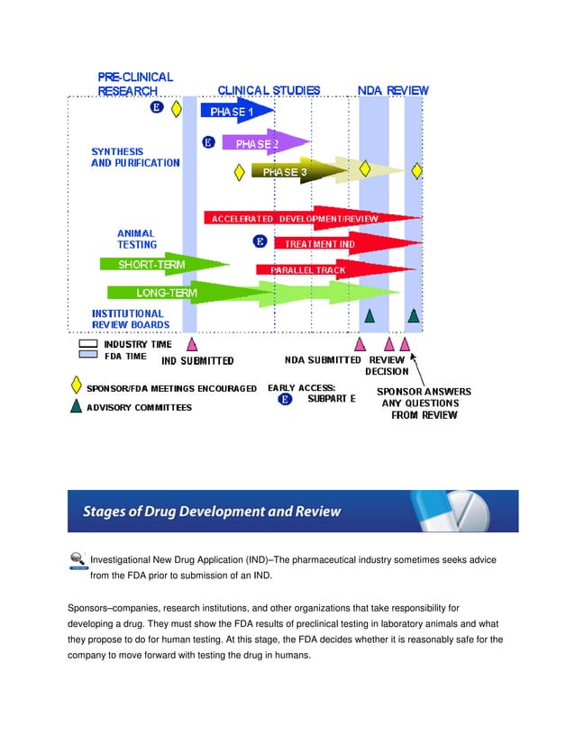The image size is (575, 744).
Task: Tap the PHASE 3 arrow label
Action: click(285, 172)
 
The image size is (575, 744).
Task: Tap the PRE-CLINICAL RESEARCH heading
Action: click(134, 84)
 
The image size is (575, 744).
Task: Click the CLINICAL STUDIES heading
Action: click(269, 90)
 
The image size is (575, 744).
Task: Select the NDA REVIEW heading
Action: click(393, 90)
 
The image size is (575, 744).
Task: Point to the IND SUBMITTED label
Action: click(197, 360)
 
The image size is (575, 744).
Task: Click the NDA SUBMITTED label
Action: click(323, 359)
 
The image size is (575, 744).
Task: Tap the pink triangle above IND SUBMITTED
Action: click(191, 343)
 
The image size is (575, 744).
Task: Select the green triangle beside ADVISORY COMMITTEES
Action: click(77, 406)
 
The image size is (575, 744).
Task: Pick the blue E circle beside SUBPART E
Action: click(286, 399)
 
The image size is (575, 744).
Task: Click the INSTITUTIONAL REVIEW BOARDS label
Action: click(131, 319)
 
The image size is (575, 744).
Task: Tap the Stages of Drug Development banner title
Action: click(213, 512)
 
